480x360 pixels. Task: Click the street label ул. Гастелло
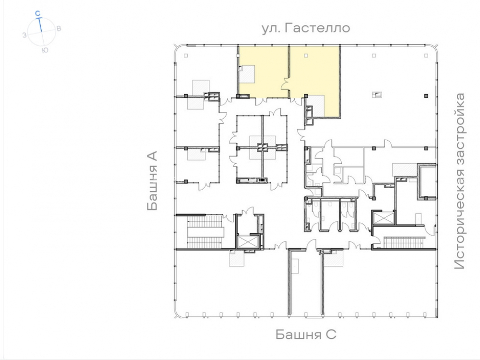(306, 28)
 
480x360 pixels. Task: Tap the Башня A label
(152, 180)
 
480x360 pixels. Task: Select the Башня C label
(306, 334)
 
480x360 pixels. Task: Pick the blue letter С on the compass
(37, 13)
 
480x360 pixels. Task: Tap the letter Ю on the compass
(45, 50)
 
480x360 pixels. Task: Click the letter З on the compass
(24, 35)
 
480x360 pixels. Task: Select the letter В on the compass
(59, 28)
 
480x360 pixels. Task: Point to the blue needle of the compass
(40, 25)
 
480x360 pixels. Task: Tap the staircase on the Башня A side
(205, 231)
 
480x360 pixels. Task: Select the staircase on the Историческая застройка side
(404, 242)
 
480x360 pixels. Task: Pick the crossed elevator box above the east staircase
(383, 218)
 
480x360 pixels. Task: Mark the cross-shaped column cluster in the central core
(263, 148)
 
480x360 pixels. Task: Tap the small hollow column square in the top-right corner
(426, 55)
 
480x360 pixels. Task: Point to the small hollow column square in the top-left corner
(186, 55)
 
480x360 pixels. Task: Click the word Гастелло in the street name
(317, 28)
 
